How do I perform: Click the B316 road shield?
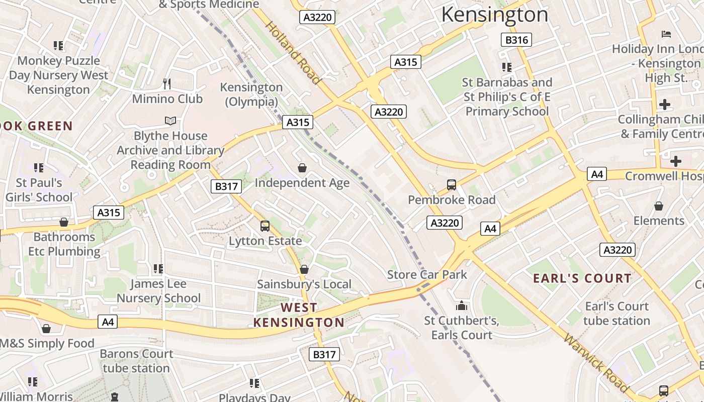pos(516,40)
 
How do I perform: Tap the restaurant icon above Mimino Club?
pos(167,83)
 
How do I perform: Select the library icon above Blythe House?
pos(170,121)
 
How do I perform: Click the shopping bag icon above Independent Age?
pos(302,167)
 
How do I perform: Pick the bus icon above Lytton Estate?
pos(265,226)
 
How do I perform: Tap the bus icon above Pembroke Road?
pos(452,185)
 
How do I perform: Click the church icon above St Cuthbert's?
pos(461,306)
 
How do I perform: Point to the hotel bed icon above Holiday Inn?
pos(666,34)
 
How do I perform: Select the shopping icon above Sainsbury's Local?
pos(304,270)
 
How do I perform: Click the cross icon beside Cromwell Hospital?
pos(676,161)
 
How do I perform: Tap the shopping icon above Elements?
pos(659,206)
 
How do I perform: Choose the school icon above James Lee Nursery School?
pos(158,269)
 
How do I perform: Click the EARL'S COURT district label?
pos(582,278)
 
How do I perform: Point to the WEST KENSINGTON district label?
pos(299,315)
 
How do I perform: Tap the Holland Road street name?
pos(292,52)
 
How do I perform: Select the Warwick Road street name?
pos(595,363)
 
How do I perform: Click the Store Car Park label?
pos(427,274)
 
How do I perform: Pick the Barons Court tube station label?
pos(136,361)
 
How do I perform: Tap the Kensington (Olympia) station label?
pos(251,94)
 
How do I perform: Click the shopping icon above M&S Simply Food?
pos(46,329)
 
